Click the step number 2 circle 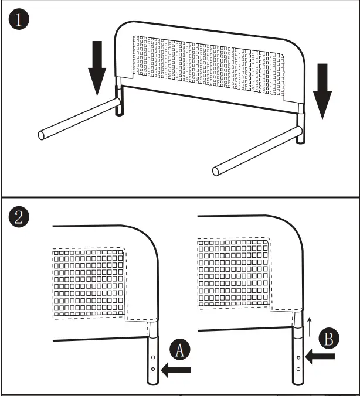(19, 218)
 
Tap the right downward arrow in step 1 (322, 90)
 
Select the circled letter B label (328, 339)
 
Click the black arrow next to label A (178, 369)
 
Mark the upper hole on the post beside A (153, 357)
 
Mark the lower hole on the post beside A (153, 369)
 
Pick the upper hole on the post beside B (299, 356)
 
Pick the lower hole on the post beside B (299, 368)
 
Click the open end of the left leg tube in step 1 (42, 135)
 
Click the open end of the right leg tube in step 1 (215, 171)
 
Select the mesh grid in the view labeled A (89, 282)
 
